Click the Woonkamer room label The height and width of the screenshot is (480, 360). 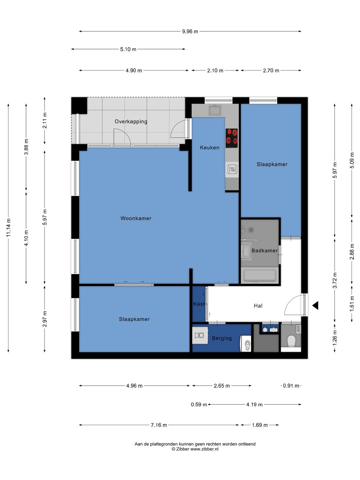click(x=136, y=218)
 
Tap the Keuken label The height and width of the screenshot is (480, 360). click(x=209, y=148)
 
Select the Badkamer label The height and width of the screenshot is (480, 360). click(x=264, y=251)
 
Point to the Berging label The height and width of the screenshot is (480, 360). click(x=222, y=338)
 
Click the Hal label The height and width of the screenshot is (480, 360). click(x=258, y=306)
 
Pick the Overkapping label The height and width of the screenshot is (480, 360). click(x=131, y=122)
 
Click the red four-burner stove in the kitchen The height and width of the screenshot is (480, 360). click(x=232, y=138)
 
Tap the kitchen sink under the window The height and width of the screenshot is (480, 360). click(x=215, y=110)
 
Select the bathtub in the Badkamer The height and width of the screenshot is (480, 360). click(x=260, y=276)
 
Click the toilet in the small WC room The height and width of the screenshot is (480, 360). click(x=291, y=341)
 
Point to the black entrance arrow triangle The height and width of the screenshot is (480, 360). click(x=315, y=305)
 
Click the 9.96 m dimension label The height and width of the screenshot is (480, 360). click(x=190, y=31)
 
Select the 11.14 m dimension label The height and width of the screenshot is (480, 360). click(x=8, y=227)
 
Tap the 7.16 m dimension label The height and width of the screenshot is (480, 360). click(x=159, y=425)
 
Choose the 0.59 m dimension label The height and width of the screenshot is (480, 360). click(x=199, y=405)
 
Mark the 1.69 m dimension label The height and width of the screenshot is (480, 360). click(x=260, y=425)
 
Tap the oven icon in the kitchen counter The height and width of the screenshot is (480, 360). click(x=232, y=169)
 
